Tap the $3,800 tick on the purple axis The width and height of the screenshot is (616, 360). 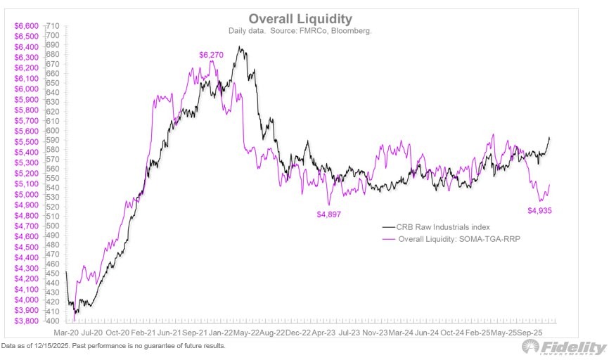27,321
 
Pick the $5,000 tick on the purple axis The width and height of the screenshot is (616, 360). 27,194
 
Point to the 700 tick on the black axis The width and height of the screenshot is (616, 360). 53,35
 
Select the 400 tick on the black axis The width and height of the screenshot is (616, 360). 53,321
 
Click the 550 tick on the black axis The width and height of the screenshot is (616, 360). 53,178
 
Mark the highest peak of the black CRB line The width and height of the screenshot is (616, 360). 240,47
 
